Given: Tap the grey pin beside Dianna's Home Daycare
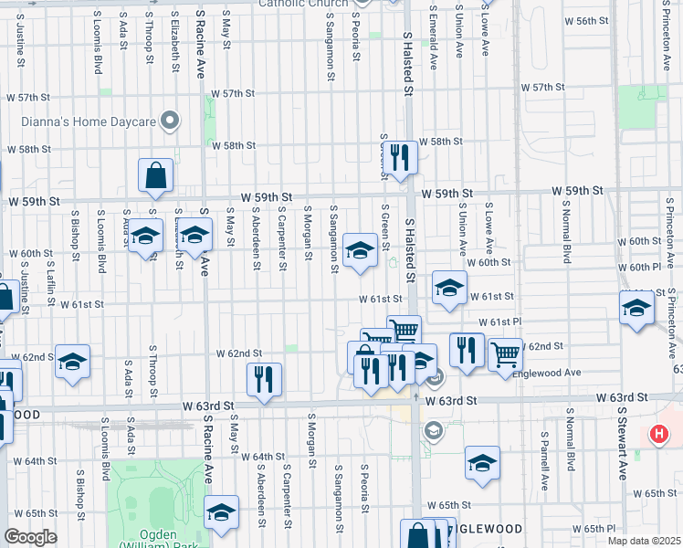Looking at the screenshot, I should click(169, 121).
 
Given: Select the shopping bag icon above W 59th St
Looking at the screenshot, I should click(156, 176).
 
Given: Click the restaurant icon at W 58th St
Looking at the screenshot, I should click(400, 157).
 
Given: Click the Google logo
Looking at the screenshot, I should click(29, 537).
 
